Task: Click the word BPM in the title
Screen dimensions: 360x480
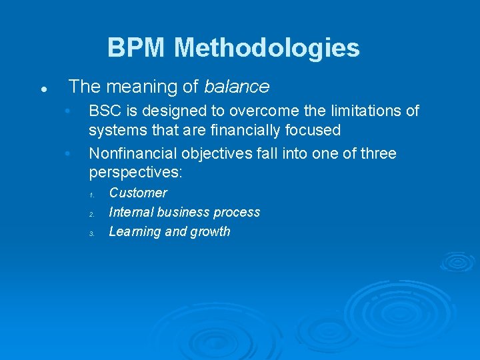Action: [137, 48]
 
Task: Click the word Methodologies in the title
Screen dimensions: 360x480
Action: [267, 48]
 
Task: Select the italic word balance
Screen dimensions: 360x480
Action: [237, 87]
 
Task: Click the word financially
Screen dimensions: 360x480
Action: [241, 130]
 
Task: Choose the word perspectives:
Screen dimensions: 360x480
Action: [136, 173]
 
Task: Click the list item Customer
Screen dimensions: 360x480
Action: [138, 193]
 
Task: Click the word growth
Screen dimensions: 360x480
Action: [209, 231]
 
